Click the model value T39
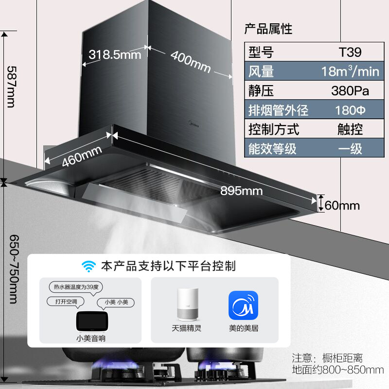coord(350,52)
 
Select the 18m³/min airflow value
coord(350,71)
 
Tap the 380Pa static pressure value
coord(350,91)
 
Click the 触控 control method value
coord(350,129)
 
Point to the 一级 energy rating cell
coord(350,148)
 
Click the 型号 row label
coord(261,52)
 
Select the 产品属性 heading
coord(268,29)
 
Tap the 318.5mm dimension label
coord(115,54)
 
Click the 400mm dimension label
coord(191,62)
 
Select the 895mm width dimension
coord(242,191)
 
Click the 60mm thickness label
coord(342,205)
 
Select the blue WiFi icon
coord(89,266)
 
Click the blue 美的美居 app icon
coord(243,305)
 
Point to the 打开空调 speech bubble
coord(66,301)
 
